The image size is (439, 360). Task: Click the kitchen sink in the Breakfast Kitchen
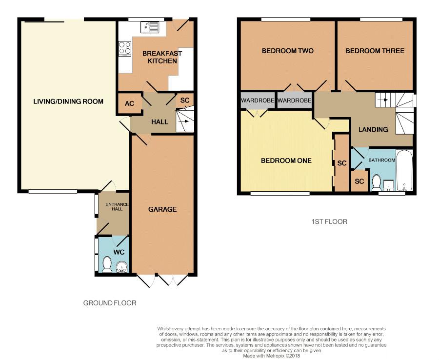150,27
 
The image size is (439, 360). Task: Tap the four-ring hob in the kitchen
125,48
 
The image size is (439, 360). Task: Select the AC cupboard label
129,103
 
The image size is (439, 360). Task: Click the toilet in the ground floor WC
107,264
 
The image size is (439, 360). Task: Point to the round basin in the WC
121,267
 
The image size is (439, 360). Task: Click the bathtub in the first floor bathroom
404,170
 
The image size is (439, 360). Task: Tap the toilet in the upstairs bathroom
376,182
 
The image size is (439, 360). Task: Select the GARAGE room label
162,209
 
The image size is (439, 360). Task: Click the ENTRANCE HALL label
117,207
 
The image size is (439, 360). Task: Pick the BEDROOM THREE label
375,51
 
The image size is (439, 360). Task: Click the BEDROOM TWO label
287,51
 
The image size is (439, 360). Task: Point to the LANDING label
373,129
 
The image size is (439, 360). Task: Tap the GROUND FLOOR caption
110,303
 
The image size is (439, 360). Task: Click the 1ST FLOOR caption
329,222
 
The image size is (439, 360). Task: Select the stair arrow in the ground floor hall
183,121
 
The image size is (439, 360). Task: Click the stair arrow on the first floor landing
385,100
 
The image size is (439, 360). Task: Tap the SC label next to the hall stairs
185,100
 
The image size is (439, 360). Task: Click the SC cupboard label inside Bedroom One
342,163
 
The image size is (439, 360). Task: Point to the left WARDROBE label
258,100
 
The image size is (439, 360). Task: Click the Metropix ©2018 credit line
271,356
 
